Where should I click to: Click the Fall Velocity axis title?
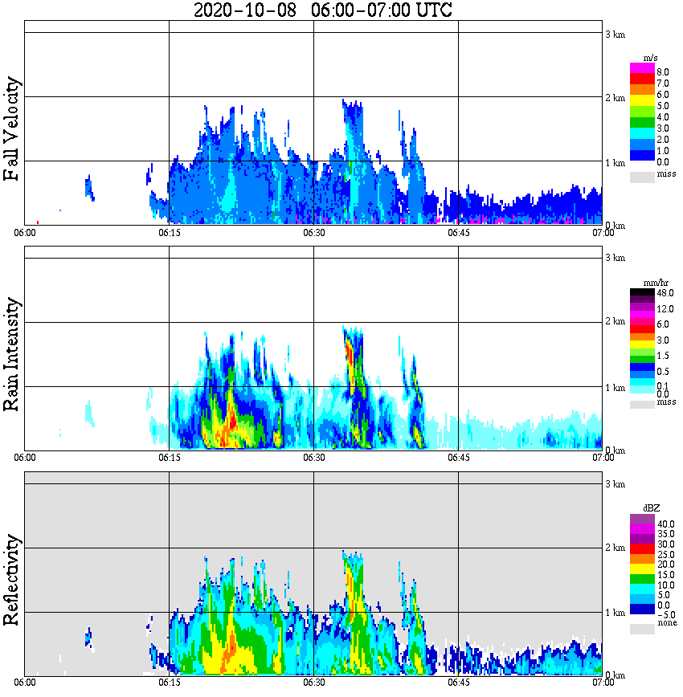coord(12,129)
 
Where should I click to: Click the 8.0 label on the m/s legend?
coord(663,71)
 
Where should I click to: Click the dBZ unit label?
coord(652,508)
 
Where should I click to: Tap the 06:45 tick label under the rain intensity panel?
coord(458,458)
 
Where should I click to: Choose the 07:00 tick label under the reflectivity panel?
coord(603,683)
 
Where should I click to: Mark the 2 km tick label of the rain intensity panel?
coord(615,322)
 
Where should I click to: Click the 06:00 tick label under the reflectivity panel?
coord(25,683)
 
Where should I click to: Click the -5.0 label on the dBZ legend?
coord(664,614)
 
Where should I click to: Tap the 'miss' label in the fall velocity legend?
coord(666,173)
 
